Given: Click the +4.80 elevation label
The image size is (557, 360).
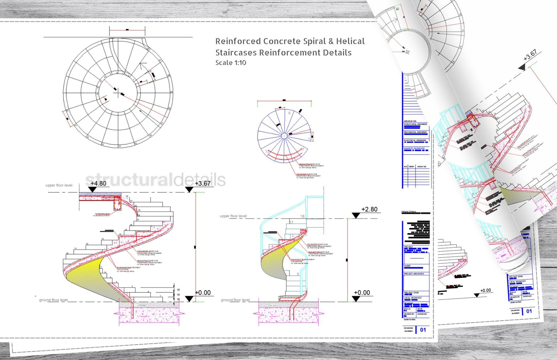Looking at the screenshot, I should click(x=98, y=183).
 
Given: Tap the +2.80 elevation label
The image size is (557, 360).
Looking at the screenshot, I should click(x=369, y=209).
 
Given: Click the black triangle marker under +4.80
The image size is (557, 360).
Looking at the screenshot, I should click(x=92, y=189).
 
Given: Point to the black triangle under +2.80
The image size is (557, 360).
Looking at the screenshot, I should click(x=356, y=215).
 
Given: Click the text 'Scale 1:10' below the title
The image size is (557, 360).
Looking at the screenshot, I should click(x=231, y=63).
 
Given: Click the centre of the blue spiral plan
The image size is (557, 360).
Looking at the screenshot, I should click(x=284, y=136).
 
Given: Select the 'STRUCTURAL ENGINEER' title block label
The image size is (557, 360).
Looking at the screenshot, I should click(x=416, y=124).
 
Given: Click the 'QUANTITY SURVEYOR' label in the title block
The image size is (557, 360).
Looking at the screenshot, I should click(x=414, y=148).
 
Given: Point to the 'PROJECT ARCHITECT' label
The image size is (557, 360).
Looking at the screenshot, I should click(x=414, y=274).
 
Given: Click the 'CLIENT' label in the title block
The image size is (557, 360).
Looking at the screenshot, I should click(x=407, y=266).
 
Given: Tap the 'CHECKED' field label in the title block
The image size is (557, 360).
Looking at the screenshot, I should click(x=422, y=314).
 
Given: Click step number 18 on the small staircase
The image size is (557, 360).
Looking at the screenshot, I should click(x=303, y=216).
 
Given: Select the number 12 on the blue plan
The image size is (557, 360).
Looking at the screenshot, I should click(x=267, y=151).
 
